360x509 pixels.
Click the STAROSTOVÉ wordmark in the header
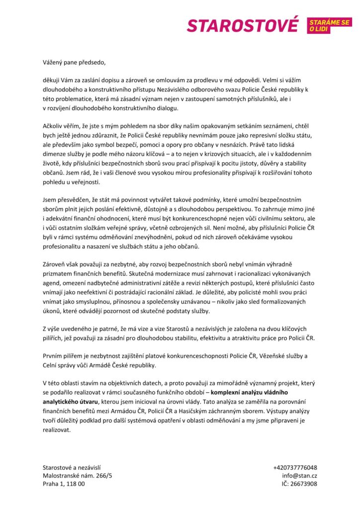[x=243, y=25]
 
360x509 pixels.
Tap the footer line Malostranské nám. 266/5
[x=78, y=475]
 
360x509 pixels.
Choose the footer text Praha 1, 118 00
[x=64, y=483]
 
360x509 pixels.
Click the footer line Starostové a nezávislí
[x=72, y=467]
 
